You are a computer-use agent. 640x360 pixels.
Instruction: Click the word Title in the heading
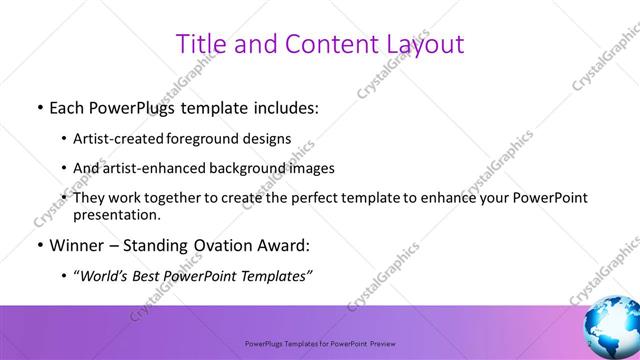tap(201, 44)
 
